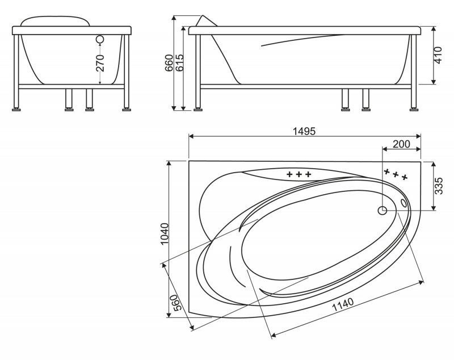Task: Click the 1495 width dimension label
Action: tap(304, 131)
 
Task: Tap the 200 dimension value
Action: tap(402, 144)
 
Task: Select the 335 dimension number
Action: tap(439, 186)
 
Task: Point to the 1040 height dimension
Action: tap(165, 233)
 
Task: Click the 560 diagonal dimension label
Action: tap(176, 303)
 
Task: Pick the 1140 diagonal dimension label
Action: tap(343, 305)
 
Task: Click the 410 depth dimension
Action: tap(438, 55)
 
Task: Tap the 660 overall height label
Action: tap(169, 63)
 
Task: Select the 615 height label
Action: tap(179, 63)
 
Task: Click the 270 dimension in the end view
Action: tap(100, 63)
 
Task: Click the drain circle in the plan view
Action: tap(382, 211)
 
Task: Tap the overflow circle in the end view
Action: tap(100, 40)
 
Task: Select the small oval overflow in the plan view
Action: tap(403, 203)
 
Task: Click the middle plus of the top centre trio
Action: tap(299, 174)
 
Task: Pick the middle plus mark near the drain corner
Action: tap(396, 174)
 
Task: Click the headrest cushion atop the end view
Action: tap(55, 22)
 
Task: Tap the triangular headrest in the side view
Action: tap(206, 21)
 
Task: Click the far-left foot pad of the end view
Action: tap(16, 110)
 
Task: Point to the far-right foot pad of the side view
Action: tap(414, 110)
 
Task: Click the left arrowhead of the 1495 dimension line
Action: tap(191, 136)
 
